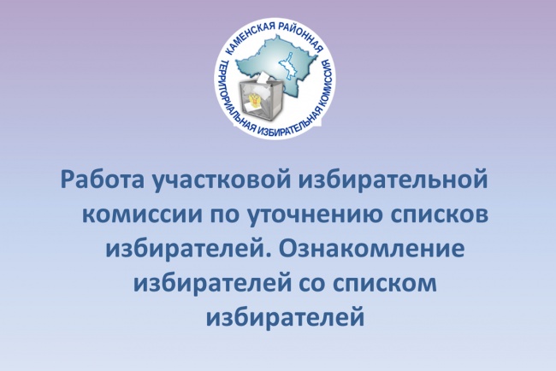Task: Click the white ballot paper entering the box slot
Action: (263, 78)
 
